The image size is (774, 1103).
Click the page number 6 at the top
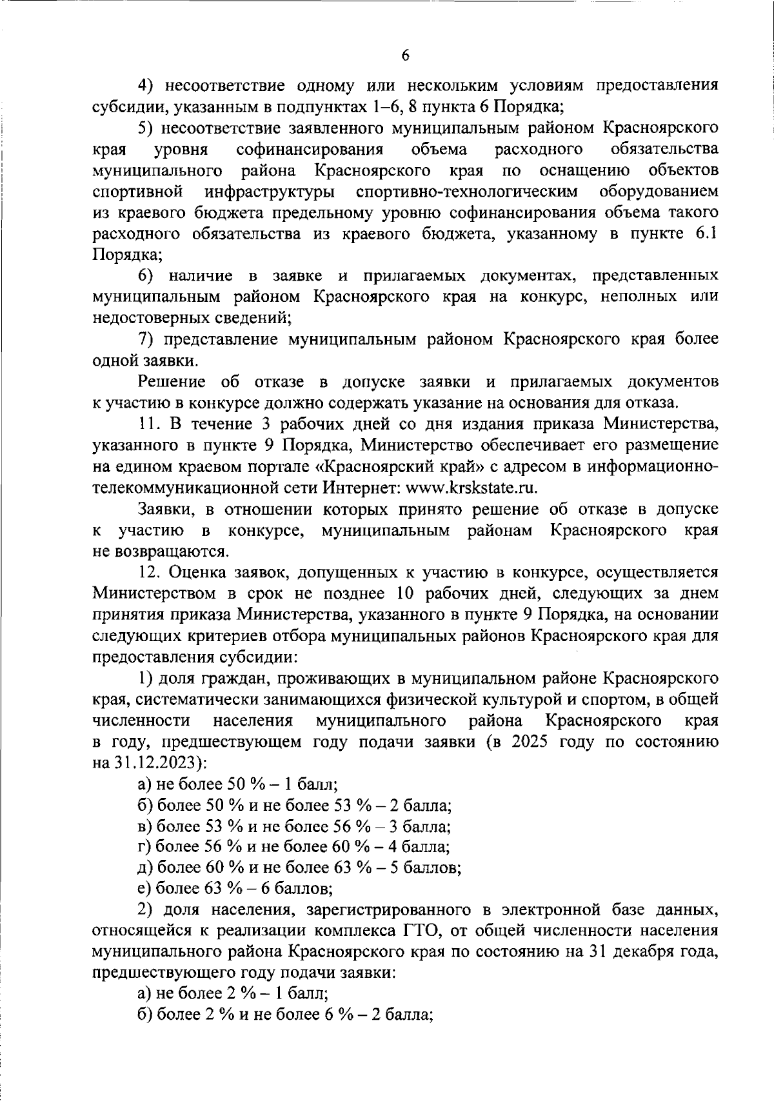405,55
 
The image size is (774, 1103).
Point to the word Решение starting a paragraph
171,382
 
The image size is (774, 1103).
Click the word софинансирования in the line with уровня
310,150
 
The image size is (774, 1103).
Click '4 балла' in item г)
423,846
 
